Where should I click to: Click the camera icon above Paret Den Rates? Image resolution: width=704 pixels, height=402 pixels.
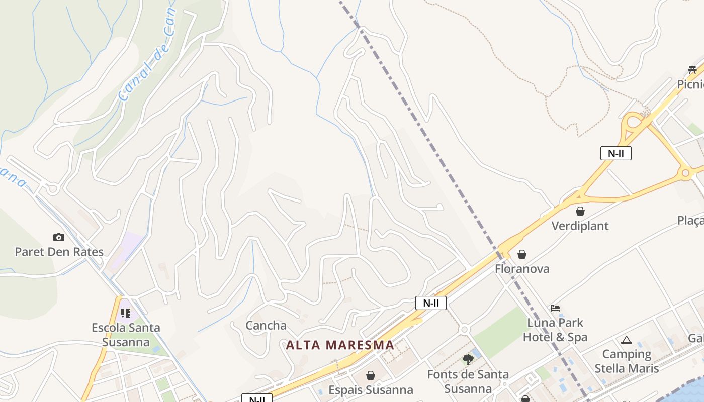coord(59,237)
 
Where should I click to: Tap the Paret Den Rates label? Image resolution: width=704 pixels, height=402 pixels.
coord(59,252)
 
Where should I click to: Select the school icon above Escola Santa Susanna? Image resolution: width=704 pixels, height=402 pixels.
coord(126,313)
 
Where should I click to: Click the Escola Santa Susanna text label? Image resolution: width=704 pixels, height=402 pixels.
coord(126,335)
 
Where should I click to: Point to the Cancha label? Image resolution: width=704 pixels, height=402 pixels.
coord(266,325)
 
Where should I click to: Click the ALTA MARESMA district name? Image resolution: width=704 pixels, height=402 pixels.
coord(340,345)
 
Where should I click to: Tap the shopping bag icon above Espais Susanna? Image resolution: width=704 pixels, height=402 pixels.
coord(371,375)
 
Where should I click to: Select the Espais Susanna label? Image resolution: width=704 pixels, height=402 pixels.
coord(371,390)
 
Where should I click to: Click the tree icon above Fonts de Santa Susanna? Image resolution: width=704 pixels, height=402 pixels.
coord(468,359)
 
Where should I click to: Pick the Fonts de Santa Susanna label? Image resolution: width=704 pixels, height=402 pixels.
coord(468,381)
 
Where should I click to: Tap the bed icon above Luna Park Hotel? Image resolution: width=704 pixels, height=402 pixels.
coord(555,308)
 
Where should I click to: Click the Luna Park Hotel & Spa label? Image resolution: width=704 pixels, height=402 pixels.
coord(555,329)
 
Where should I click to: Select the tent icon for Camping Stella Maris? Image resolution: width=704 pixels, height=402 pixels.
coord(626,340)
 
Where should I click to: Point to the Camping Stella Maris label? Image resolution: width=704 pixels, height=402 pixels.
coord(627,361)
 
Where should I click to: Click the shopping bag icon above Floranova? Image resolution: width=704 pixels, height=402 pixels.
coord(522,254)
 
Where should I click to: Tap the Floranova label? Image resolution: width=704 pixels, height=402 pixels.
coord(522,269)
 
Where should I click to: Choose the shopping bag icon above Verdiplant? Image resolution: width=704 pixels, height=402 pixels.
coord(580,211)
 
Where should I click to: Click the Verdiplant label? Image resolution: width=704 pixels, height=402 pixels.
coord(580,226)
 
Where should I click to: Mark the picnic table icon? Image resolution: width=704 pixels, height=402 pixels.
coord(692,70)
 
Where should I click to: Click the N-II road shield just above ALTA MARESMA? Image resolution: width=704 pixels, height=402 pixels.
coord(431,303)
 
